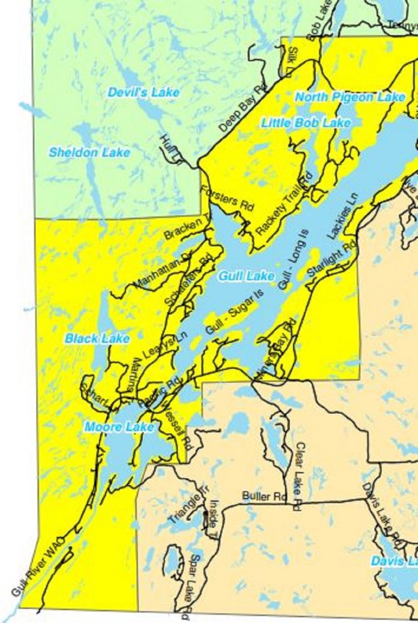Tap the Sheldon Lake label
(89, 153)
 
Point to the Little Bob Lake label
(306, 123)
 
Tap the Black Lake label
(97, 339)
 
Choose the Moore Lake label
(119, 427)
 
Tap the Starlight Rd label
(331, 260)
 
